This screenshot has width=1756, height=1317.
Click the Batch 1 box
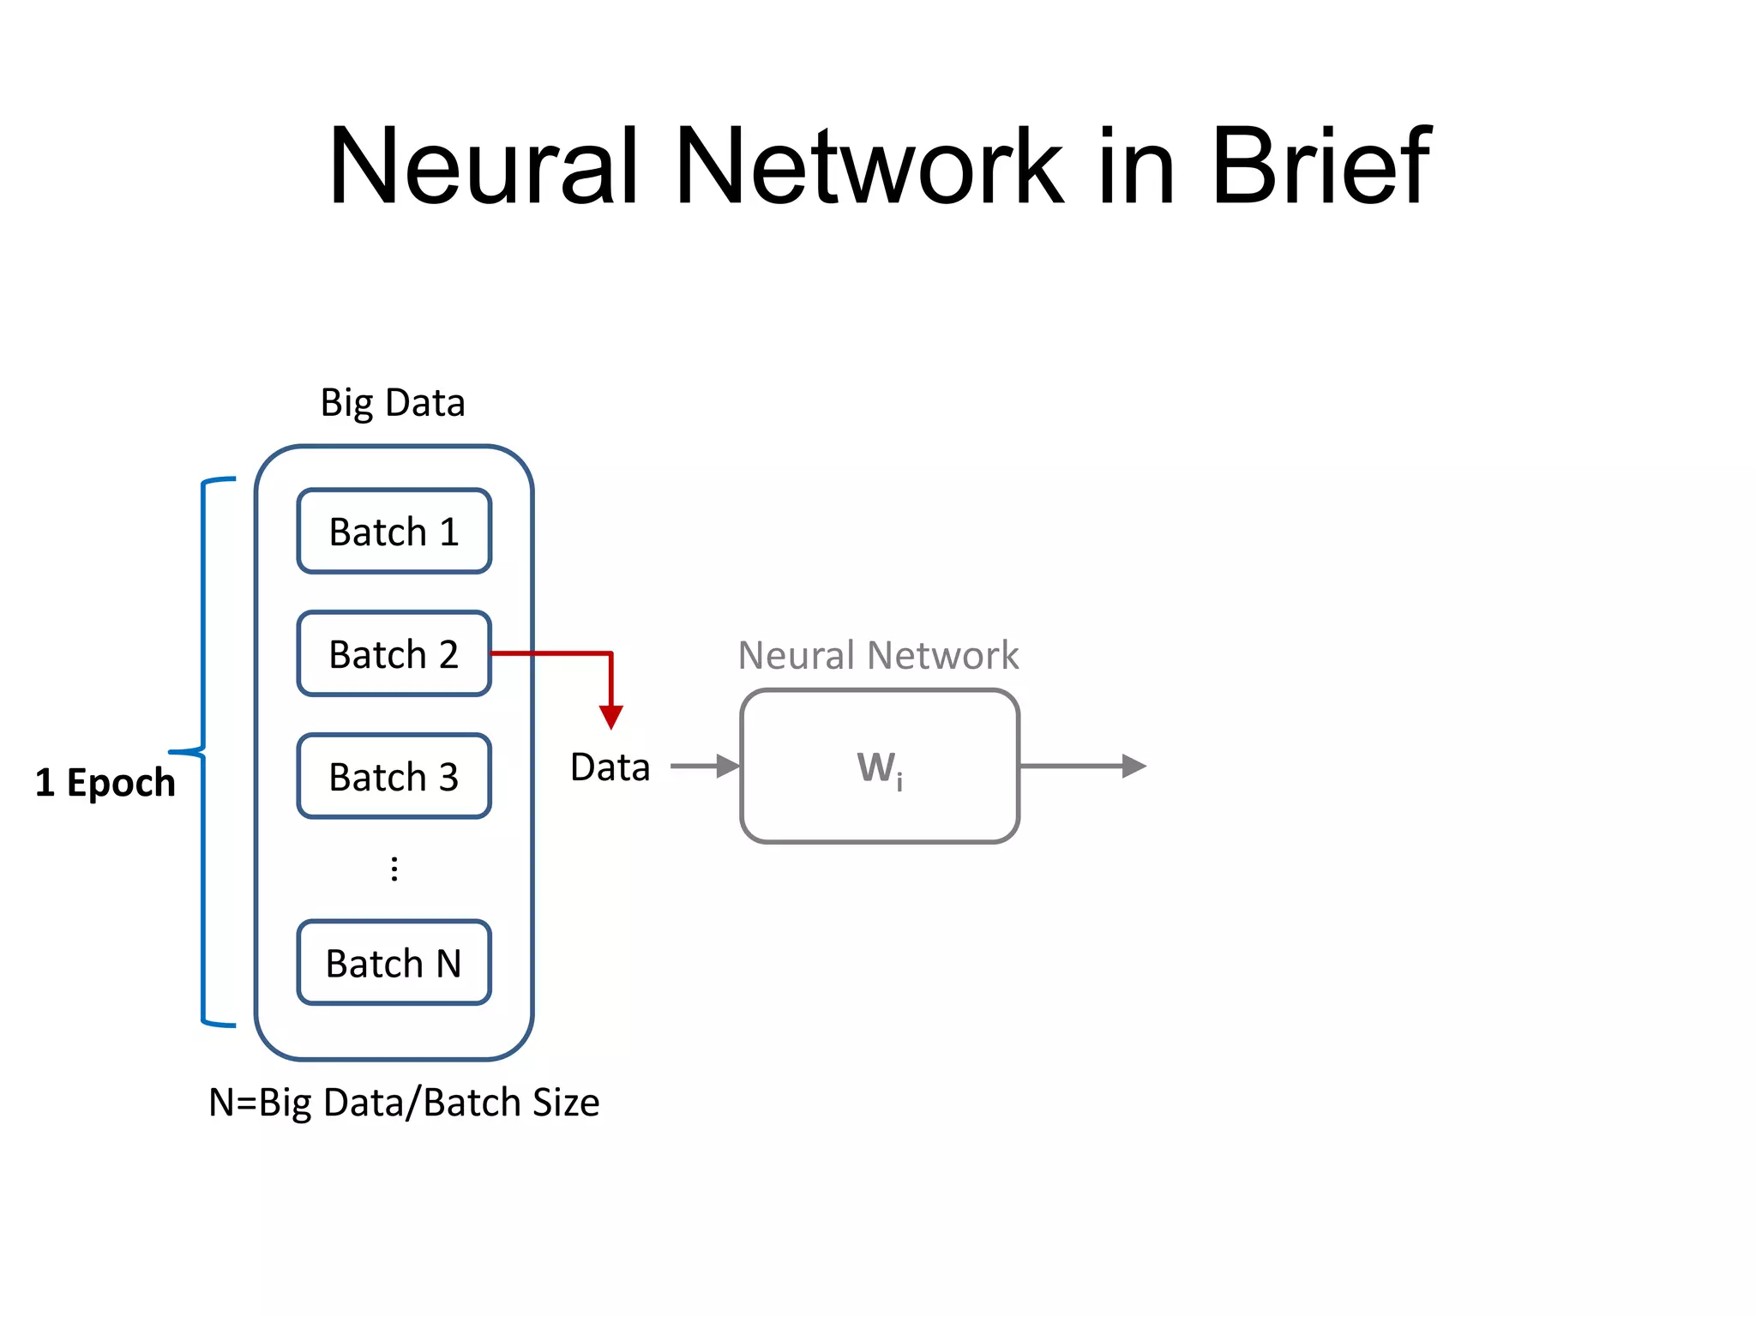pos(394,532)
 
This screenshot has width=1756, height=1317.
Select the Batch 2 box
pos(394,654)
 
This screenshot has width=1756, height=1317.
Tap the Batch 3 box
pos(394,777)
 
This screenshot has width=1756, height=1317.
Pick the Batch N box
pos(394,963)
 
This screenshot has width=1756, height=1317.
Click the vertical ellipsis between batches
pos(394,869)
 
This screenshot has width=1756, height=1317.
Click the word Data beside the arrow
pos(610,767)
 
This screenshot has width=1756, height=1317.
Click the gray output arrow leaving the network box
pos(1084,766)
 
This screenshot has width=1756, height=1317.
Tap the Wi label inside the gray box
pos(880,768)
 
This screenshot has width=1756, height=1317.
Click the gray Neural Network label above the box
pos(878,656)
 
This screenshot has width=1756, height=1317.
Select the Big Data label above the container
pos(393,402)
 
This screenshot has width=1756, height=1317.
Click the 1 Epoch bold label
pos(105,783)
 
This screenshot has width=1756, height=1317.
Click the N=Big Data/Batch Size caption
pos(404,1103)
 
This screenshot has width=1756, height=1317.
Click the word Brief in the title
pos(1320,166)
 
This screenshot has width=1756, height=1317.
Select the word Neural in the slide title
pos(484,166)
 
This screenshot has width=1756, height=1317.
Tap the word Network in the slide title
pos(868,166)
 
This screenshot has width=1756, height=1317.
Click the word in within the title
pos(1136,166)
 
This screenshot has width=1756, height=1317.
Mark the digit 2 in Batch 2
pos(448,655)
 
